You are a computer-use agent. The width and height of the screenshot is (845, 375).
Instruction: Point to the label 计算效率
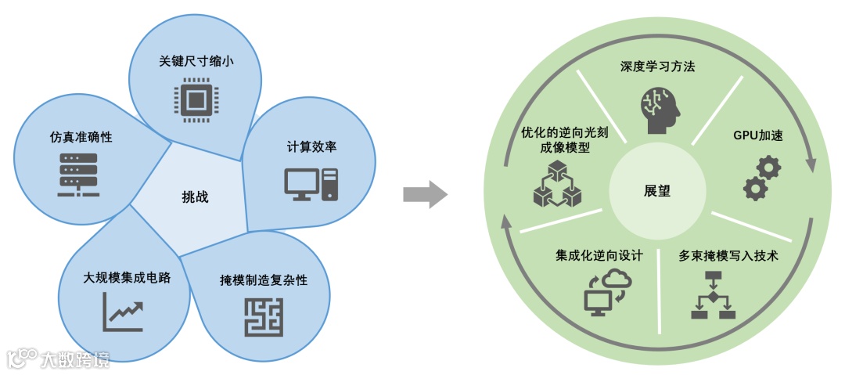pos(311,146)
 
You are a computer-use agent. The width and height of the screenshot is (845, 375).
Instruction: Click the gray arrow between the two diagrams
pos(425,194)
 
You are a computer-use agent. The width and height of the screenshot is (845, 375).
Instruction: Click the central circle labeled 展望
pos(656,191)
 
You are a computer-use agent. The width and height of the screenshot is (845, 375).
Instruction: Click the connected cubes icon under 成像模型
pos(558,183)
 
